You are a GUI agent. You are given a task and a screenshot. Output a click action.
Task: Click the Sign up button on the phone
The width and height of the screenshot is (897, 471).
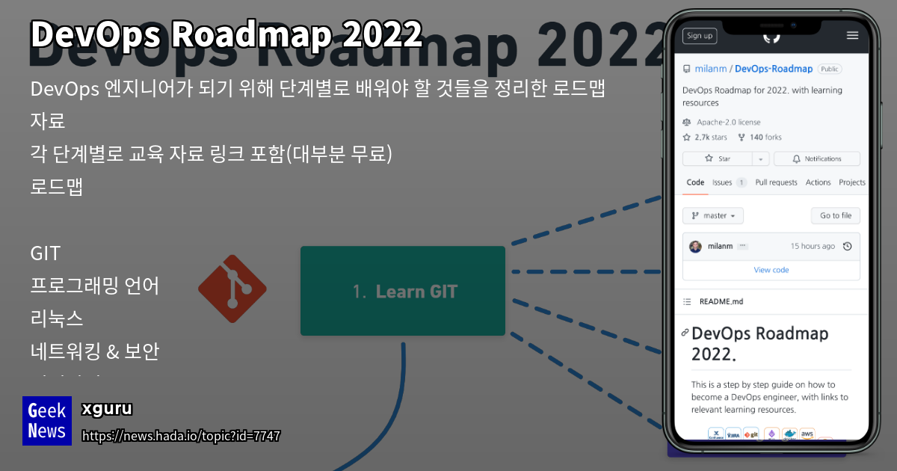coord(699,35)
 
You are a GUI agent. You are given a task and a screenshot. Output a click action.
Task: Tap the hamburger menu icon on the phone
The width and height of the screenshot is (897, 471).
coord(852,35)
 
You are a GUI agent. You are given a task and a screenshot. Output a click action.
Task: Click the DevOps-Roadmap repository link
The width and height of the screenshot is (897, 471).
coord(774,69)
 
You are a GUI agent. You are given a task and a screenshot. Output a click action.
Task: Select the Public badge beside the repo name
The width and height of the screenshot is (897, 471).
coord(829,69)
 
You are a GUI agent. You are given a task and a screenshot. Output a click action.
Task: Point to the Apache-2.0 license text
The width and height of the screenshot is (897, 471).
coord(728,122)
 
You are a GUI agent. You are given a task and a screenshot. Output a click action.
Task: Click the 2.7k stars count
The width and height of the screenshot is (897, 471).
coord(710,138)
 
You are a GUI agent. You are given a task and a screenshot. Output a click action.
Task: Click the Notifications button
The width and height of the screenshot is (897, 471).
coord(816,158)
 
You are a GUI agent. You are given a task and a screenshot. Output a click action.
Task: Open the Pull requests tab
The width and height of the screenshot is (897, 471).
coord(776,182)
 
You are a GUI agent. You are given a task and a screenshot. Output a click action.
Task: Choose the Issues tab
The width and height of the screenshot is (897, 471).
coord(722,182)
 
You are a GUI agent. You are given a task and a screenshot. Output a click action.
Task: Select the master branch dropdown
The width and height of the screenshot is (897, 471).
coord(712,215)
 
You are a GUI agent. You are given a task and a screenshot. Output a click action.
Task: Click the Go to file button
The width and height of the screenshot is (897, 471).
coord(835,215)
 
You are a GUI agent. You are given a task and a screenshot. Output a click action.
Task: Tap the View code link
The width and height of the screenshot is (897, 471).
coord(771,270)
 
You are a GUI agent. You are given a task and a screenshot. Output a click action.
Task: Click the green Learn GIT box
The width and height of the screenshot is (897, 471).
coord(403,291)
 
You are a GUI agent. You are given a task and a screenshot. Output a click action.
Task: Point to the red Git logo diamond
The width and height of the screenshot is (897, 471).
coord(232,289)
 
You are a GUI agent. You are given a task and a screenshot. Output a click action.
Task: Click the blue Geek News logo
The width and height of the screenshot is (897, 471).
coord(47,421)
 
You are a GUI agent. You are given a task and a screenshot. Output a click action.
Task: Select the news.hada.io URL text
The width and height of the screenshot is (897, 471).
coord(181,436)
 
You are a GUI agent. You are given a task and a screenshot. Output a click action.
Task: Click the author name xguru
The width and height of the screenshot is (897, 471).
coord(107,409)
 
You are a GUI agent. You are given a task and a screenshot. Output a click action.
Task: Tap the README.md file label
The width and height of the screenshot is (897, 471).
coord(721,301)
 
